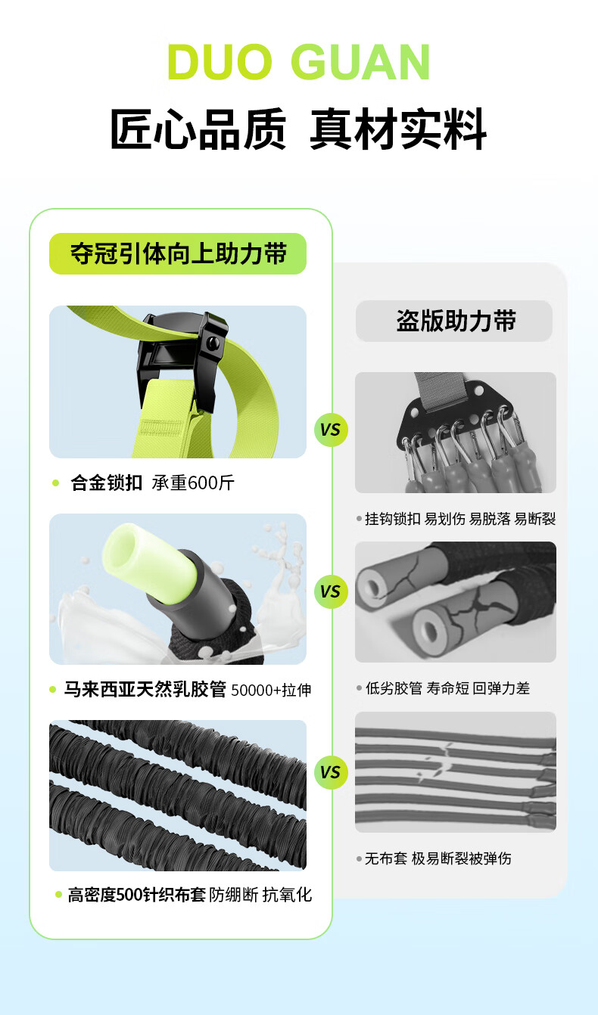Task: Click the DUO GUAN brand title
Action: click(x=298, y=62)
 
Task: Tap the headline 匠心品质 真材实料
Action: click(x=298, y=129)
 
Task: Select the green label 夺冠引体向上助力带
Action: click(x=178, y=253)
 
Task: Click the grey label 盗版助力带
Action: click(x=454, y=321)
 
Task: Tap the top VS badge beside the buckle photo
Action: click(x=331, y=430)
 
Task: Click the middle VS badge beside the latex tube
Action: click(x=331, y=591)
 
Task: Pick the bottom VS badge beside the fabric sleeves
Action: click(x=331, y=772)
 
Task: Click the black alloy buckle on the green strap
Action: click(x=182, y=358)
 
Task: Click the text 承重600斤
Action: click(x=193, y=483)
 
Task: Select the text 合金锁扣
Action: click(x=107, y=483)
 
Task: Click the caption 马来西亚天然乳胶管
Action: click(x=145, y=689)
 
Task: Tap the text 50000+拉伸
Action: click(x=271, y=690)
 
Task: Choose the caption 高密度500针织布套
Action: click(x=137, y=895)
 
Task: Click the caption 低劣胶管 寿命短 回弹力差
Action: click(x=447, y=688)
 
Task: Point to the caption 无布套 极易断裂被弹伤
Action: click(x=438, y=858)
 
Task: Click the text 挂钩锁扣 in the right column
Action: click(x=393, y=519)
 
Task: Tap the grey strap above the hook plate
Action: click(x=441, y=390)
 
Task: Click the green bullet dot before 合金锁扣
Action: click(x=56, y=483)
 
